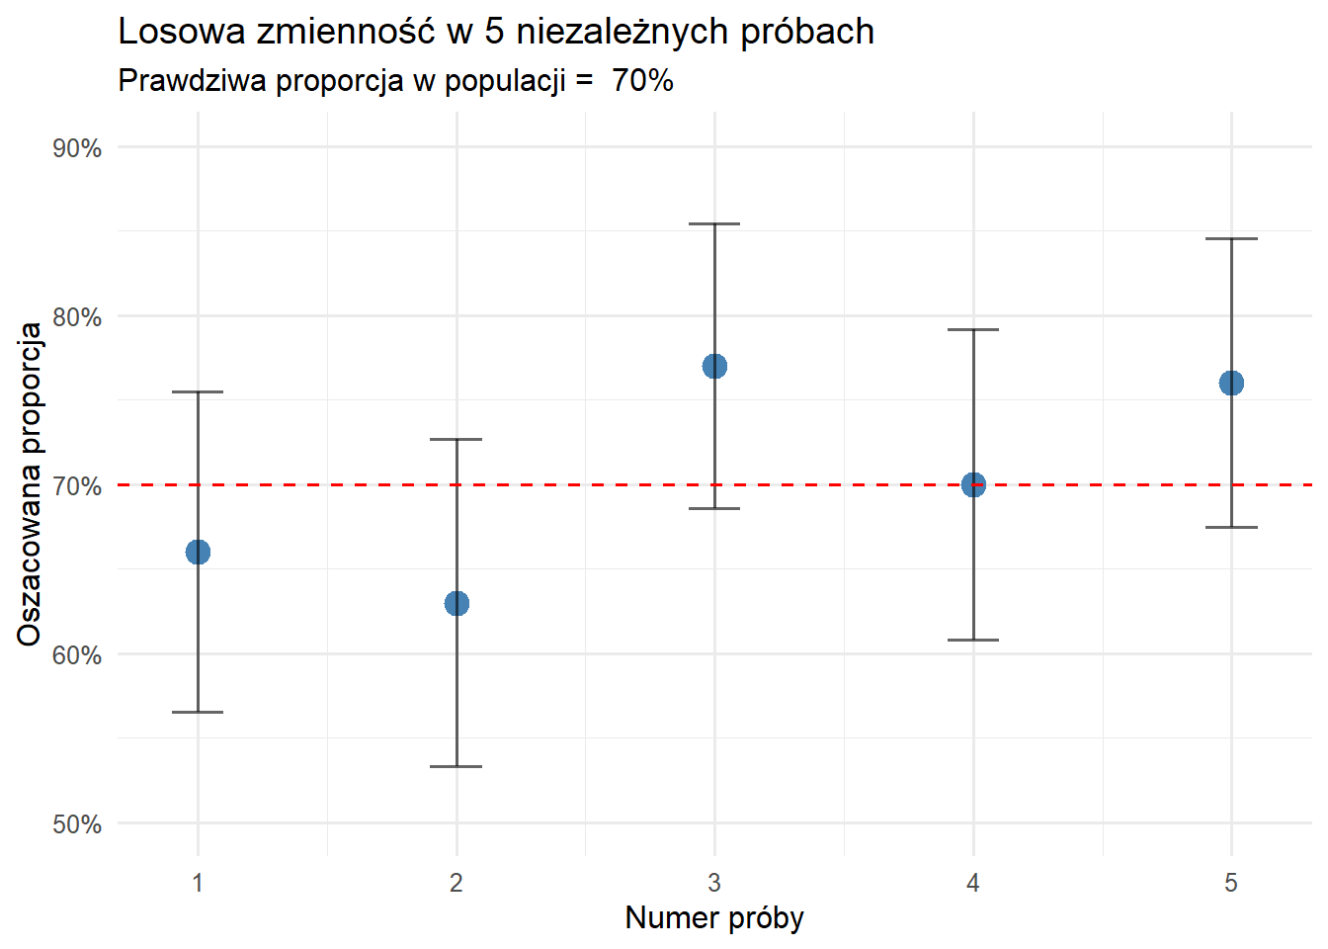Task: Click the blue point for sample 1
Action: pyautogui.click(x=198, y=552)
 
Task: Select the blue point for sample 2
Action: pyautogui.click(x=456, y=603)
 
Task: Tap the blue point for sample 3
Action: pyautogui.click(x=714, y=367)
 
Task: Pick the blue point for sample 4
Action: pyautogui.click(x=973, y=484)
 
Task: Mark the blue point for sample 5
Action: pyautogui.click(x=1231, y=384)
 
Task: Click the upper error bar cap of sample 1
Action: pyautogui.click(x=198, y=392)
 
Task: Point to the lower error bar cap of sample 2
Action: pyautogui.click(x=456, y=766)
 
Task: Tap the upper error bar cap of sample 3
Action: pyautogui.click(x=714, y=224)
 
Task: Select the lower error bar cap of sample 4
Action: pyautogui.click(x=973, y=640)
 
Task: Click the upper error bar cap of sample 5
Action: pyautogui.click(x=1231, y=239)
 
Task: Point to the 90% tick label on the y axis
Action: pyautogui.click(x=77, y=148)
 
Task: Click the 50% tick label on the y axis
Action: pyautogui.click(x=77, y=824)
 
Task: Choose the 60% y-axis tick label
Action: pyautogui.click(x=77, y=655)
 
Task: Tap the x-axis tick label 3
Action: pyautogui.click(x=714, y=883)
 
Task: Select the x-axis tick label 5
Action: pyautogui.click(x=1231, y=883)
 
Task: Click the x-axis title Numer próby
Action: pyautogui.click(x=714, y=917)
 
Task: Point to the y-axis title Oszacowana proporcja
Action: pyautogui.click(x=30, y=484)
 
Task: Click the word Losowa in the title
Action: pyautogui.click(x=182, y=32)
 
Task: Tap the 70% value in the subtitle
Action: pyautogui.click(x=642, y=80)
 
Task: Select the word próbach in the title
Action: pyautogui.click(x=807, y=32)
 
